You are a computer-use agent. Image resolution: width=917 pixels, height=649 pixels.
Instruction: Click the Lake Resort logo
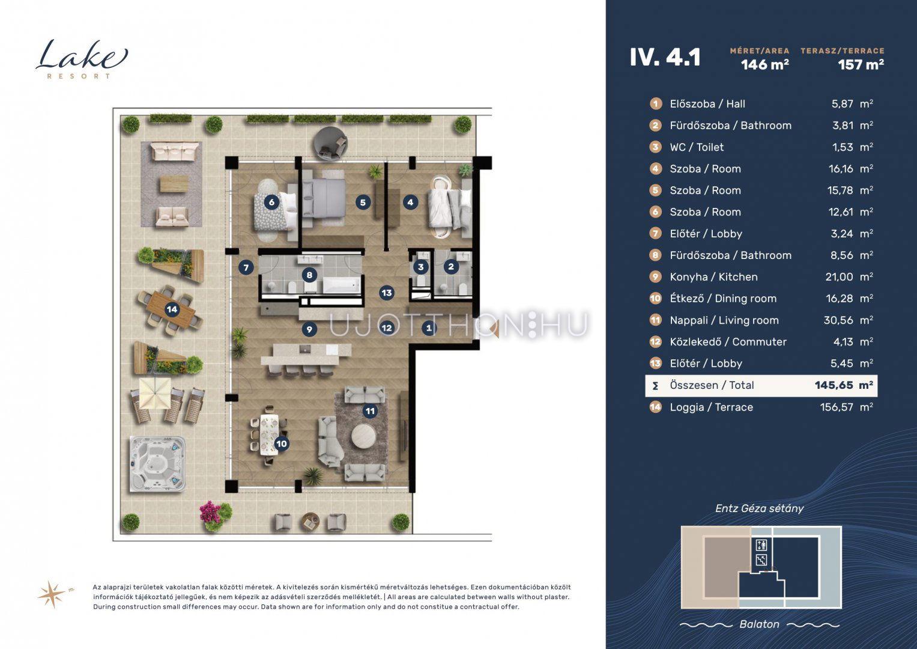coord(82,59)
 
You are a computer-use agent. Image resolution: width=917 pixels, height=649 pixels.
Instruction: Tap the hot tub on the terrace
coord(157,464)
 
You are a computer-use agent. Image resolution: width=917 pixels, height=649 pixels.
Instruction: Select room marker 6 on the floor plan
coord(271,202)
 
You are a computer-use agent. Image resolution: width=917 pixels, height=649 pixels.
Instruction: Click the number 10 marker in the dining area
coord(282,443)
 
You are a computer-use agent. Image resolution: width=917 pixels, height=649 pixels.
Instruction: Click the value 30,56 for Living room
coord(838,320)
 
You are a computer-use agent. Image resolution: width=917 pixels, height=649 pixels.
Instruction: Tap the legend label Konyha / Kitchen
coord(713,277)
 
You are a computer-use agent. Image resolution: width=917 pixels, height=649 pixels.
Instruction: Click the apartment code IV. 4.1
coord(665,57)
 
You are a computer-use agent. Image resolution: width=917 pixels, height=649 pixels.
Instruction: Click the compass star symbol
coord(52,594)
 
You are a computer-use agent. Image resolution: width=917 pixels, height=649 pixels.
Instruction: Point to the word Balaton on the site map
coord(760,624)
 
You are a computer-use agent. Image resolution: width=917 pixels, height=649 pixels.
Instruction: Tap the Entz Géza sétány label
coord(760,508)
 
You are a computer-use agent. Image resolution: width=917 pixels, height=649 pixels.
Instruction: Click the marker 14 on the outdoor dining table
coord(172,309)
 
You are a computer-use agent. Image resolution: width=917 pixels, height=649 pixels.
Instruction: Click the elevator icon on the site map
coord(761,545)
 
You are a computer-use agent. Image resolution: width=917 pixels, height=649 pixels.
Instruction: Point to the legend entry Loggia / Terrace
coord(712,407)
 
